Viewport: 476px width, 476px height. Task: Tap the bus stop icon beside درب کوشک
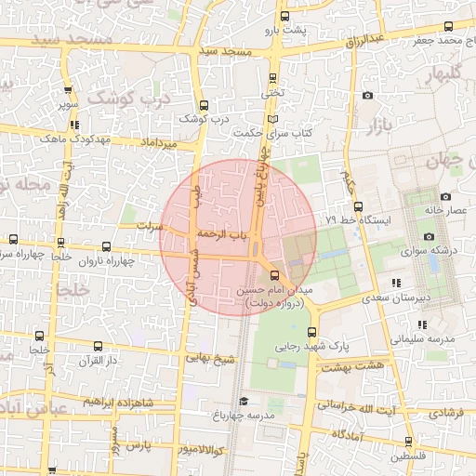pos(204,105)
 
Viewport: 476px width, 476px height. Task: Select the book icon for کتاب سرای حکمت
pos(271,120)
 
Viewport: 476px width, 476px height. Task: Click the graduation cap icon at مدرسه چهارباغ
pos(244,401)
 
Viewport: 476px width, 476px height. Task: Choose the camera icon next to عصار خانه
pos(445,197)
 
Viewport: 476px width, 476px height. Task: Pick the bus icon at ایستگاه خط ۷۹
pos(358,206)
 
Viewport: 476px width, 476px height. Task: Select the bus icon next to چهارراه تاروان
pos(105,247)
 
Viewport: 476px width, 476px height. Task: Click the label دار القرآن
pos(101,359)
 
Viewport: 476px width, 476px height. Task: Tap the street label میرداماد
pos(156,144)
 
